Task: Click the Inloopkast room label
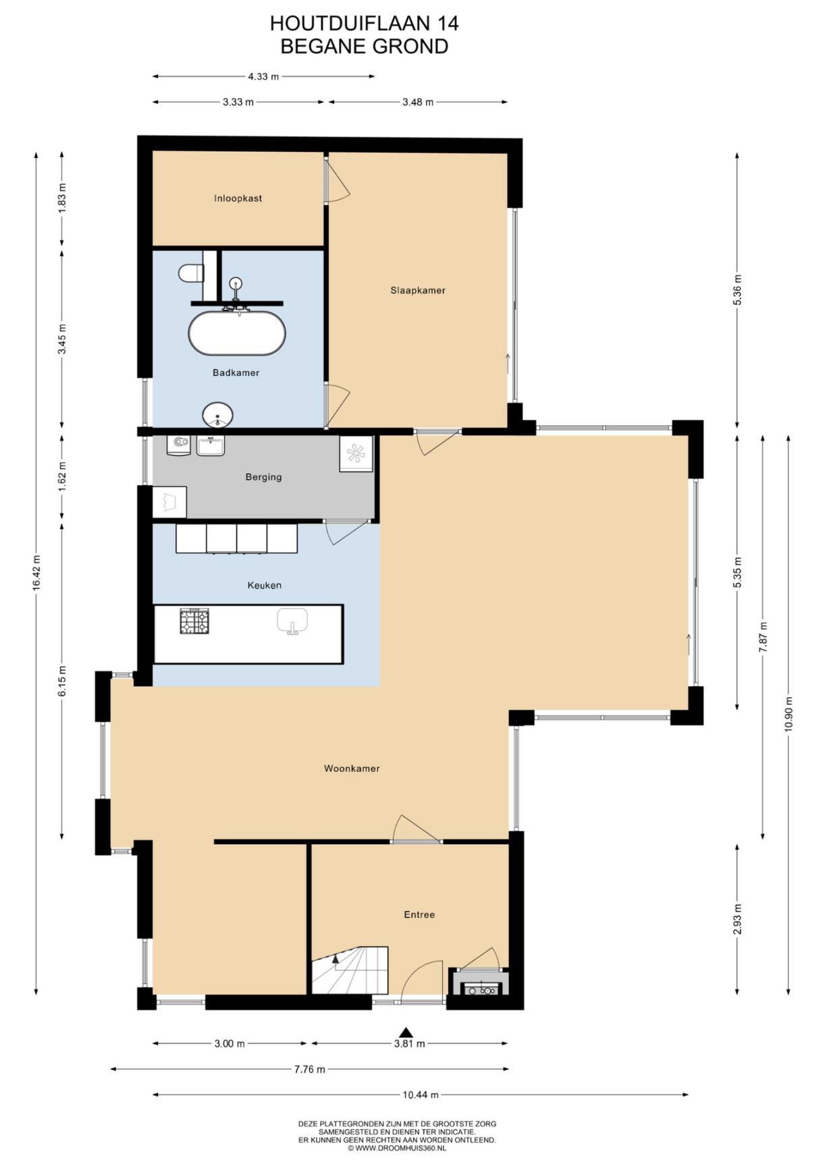coord(238,198)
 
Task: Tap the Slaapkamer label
coord(418,290)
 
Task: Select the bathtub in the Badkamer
coord(236,332)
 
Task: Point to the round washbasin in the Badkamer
coord(217,415)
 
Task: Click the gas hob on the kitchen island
coord(194,621)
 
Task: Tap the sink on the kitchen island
coord(292,621)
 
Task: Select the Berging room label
coord(263,477)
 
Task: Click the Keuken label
coord(264,585)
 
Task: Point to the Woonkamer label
coord(352,768)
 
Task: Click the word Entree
coord(419,914)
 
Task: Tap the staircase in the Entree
coord(350,970)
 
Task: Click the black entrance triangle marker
coord(406,1032)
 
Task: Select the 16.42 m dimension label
coord(36,573)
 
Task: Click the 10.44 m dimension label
coord(421,1094)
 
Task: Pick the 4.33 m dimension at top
coord(263,76)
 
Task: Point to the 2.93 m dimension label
coord(737,919)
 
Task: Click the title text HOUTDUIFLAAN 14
coord(365,24)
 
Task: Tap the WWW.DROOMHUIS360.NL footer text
coord(401,1147)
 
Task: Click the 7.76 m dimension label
coord(309,1069)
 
